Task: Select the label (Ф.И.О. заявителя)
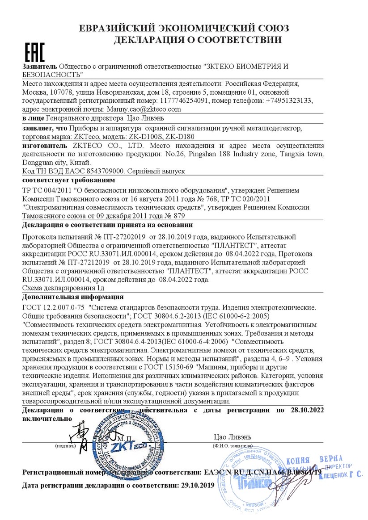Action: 232,446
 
